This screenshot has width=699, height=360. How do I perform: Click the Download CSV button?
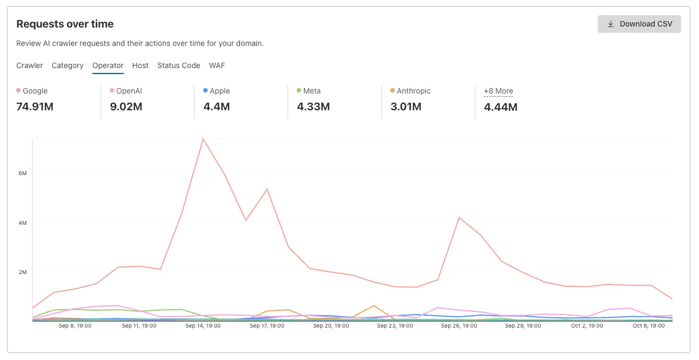click(x=639, y=24)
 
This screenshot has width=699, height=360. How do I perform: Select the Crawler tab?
click(x=30, y=65)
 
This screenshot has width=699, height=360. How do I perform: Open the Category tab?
click(x=68, y=65)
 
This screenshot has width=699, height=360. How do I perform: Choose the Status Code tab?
click(x=178, y=65)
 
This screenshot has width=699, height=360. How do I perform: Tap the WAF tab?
click(x=217, y=65)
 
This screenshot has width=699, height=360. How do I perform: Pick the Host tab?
click(x=140, y=65)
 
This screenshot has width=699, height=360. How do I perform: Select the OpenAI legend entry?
click(x=129, y=91)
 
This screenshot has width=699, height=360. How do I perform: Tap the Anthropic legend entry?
click(x=414, y=91)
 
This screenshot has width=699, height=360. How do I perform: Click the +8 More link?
click(x=498, y=91)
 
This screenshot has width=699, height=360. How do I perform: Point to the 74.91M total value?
click(x=35, y=106)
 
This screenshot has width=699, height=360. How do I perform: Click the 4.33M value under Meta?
click(x=313, y=106)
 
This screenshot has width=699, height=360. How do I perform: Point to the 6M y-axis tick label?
click(x=22, y=173)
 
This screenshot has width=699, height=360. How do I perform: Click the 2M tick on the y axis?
click(x=22, y=272)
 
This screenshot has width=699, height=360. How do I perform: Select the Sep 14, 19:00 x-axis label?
click(x=203, y=326)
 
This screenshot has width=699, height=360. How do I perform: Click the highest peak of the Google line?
click(x=203, y=139)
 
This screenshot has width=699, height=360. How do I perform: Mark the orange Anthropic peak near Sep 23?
click(x=374, y=305)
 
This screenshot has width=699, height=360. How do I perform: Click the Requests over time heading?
click(x=65, y=24)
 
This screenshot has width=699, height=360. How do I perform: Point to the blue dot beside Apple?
click(x=205, y=91)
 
